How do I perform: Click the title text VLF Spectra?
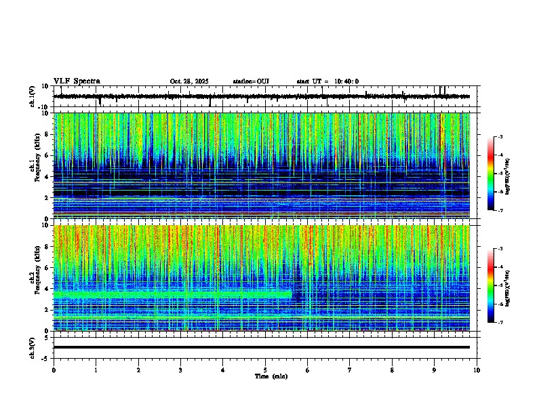[77, 81]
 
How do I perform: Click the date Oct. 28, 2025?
[190, 81]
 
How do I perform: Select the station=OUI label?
[251, 81]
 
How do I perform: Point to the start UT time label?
[327, 81]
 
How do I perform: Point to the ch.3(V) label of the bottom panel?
[33, 347]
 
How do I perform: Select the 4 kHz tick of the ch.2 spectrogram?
[47, 288]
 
